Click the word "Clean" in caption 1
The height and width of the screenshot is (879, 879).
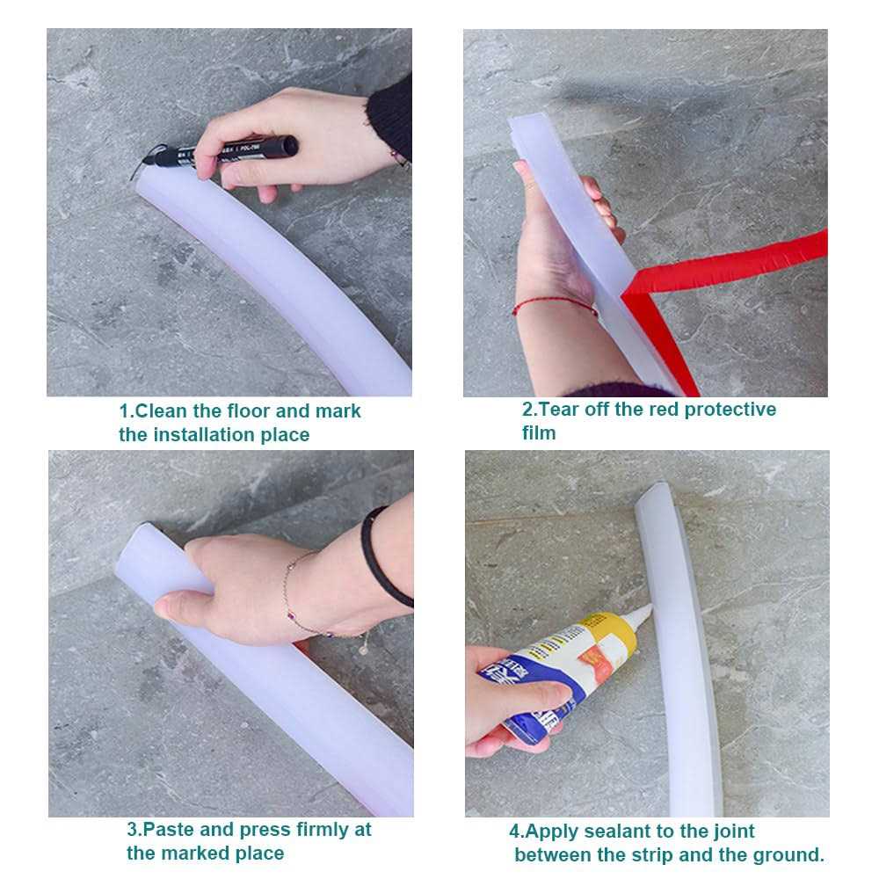[x=161, y=410]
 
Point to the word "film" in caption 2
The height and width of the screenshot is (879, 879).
[x=539, y=432]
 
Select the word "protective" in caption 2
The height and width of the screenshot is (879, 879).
[x=730, y=410]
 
